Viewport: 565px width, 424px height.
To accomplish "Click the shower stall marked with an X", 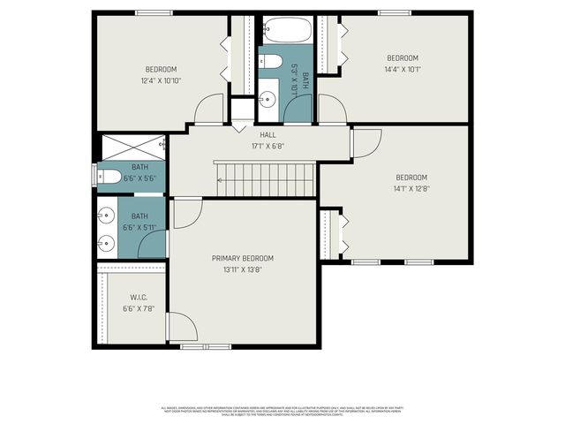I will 133,147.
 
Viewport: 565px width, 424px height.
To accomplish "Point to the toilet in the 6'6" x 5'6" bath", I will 109,177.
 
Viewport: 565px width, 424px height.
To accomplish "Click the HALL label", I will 267,134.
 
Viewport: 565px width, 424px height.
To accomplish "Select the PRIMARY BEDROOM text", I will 243,258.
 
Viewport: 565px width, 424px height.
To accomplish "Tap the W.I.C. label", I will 139,297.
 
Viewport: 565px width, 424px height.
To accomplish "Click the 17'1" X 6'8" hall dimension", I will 267,146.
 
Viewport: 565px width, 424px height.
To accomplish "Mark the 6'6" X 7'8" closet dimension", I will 139,308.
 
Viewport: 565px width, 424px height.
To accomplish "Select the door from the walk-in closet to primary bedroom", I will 182,327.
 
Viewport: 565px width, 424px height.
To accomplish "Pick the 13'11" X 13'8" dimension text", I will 243,269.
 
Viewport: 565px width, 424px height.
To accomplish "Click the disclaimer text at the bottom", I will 282,411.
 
